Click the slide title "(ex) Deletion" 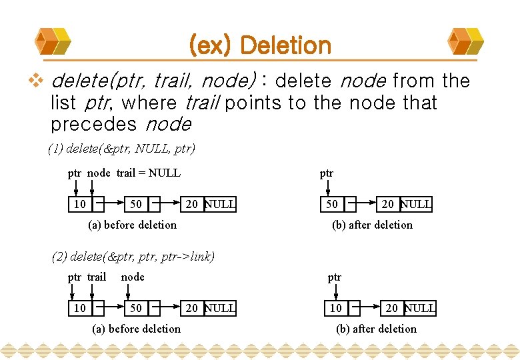click(x=260, y=45)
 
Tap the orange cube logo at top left click(x=53, y=41)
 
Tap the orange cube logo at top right click(x=466, y=41)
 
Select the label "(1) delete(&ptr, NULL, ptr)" click(x=121, y=149)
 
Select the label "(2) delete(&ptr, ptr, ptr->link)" click(x=133, y=256)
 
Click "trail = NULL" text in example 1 click(x=148, y=173)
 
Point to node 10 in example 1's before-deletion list click(x=80, y=204)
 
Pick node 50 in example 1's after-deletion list click(x=331, y=204)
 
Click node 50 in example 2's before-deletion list click(x=136, y=308)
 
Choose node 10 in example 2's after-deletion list click(x=336, y=308)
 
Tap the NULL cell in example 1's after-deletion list click(x=416, y=204)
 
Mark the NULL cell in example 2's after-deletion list click(x=420, y=308)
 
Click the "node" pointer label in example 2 click(x=133, y=277)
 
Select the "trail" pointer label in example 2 click(x=97, y=277)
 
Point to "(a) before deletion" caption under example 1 click(x=133, y=225)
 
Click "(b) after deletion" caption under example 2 click(x=377, y=329)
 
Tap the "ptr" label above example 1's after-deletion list click(x=326, y=173)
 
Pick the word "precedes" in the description click(x=93, y=125)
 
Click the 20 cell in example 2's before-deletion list click(x=192, y=308)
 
